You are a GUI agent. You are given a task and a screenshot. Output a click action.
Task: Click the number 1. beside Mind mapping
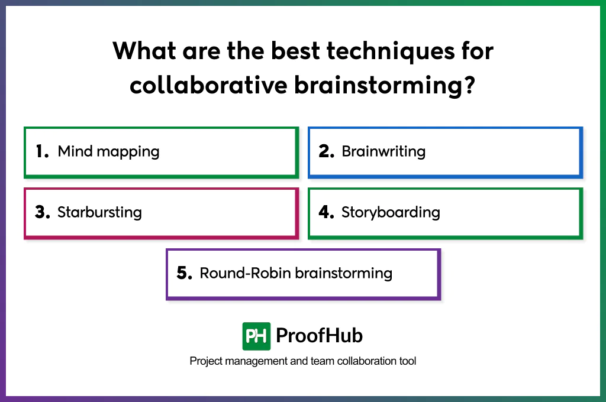(42, 151)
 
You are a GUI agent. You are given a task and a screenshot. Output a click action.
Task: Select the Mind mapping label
(108, 151)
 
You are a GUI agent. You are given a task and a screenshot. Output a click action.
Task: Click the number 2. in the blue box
(327, 151)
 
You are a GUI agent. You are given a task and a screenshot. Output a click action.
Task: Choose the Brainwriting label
(383, 151)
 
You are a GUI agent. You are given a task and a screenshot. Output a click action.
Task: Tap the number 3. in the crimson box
(42, 212)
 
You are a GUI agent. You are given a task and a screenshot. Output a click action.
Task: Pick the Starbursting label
(99, 212)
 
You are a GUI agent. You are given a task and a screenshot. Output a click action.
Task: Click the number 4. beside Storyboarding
(327, 212)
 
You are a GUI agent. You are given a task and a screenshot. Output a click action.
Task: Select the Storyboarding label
(391, 212)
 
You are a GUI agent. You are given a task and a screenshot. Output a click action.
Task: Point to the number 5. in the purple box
(185, 273)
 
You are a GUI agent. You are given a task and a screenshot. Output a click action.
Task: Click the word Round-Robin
(245, 273)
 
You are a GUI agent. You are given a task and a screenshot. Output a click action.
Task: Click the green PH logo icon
(256, 336)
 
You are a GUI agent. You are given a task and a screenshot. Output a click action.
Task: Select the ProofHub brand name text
(319, 336)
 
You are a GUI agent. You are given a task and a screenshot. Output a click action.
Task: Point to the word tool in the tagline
(407, 361)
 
